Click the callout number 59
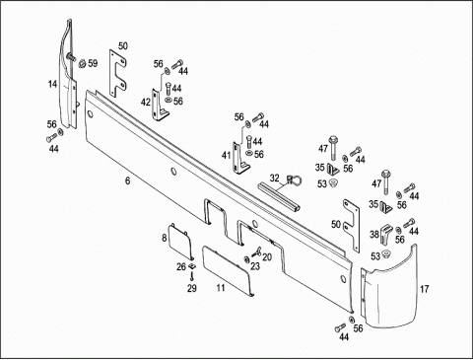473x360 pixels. [x=93, y=63]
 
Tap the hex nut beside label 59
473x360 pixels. [x=82, y=62]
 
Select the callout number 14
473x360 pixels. [x=52, y=84]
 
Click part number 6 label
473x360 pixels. [x=127, y=180]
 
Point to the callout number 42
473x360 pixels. [x=146, y=103]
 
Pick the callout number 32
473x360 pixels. [x=275, y=179]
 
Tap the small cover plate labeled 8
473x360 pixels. [x=180, y=241]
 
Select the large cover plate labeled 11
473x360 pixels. [x=228, y=271]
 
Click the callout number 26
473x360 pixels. [x=181, y=266]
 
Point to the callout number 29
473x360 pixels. [x=192, y=288]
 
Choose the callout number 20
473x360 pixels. [x=267, y=256]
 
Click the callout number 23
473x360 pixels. [x=255, y=266]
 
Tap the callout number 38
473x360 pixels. [x=374, y=235]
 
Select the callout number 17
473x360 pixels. [x=425, y=289]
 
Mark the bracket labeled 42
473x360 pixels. [x=159, y=106]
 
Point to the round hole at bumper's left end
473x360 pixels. [x=90, y=114]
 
